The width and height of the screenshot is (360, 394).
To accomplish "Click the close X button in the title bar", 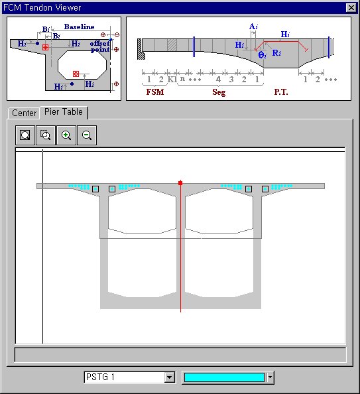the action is click(x=351, y=8).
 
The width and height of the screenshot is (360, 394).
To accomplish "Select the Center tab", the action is click(x=24, y=113).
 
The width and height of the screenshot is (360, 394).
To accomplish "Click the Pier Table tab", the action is click(x=64, y=112).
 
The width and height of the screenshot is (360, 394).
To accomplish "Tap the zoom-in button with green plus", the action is click(x=66, y=135).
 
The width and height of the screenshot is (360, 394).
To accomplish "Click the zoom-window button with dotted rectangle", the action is click(x=46, y=135).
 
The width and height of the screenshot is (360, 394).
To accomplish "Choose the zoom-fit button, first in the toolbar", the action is click(x=25, y=135).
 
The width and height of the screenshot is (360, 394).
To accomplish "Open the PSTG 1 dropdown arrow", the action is click(x=170, y=377).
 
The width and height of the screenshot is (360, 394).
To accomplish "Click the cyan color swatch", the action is click(x=224, y=377).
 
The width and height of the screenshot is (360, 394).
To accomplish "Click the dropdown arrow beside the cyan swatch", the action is click(x=270, y=377).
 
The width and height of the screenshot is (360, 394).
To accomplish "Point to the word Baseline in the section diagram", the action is click(x=79, y=27).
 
